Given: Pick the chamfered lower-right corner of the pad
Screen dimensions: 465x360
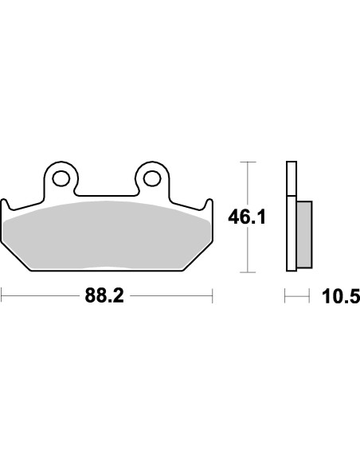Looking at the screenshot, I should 198,259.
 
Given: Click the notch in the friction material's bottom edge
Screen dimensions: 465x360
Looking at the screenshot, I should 107,267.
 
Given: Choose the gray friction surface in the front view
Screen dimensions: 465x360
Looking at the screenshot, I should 107,235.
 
